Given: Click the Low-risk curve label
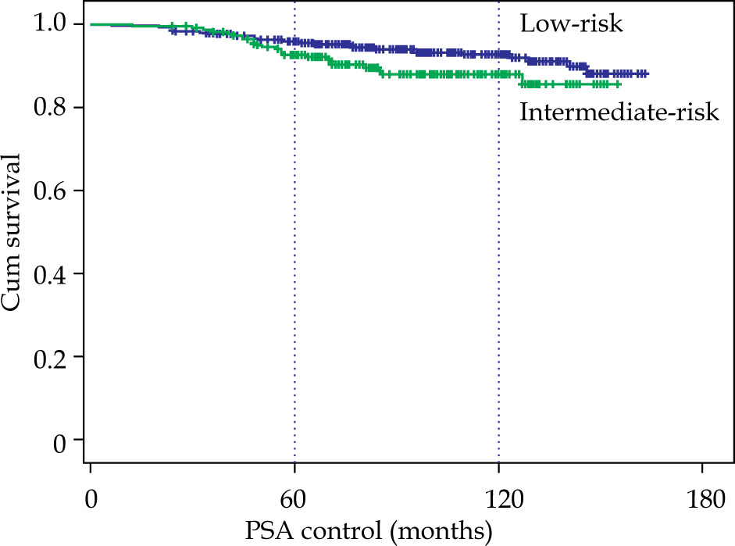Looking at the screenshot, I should [x=571, y=25].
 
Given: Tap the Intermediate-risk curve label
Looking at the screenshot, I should [x=619, y=113].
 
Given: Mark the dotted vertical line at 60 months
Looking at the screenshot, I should [x=294, y=273].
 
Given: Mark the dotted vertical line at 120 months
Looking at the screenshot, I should [x=498, y=273].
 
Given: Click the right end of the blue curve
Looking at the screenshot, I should [x=646, y=73].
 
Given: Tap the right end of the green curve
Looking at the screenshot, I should [x=619, y=84].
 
